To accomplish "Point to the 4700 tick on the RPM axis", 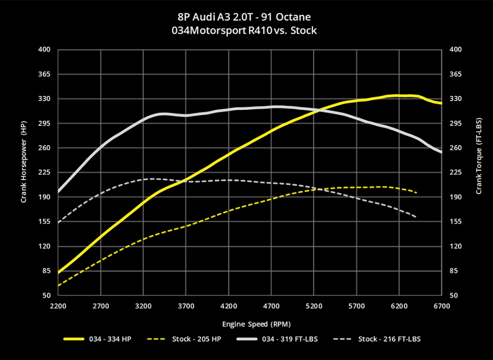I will pos(271,306).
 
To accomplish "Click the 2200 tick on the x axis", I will pos(57,306).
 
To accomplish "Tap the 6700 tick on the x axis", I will pos(441,306).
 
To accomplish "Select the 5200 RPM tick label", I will pos(313,306).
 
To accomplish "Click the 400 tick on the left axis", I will pos(45,50).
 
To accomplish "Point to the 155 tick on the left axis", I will pos(45,222).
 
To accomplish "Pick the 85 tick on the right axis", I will pos(453,271).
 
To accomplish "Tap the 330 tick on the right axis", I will pos(455,99).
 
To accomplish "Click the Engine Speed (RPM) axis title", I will pos(256,323).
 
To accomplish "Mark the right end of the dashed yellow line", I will pos(416,192).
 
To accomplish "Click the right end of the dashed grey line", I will pos(416,216).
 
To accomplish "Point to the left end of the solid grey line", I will pos(58,191).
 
